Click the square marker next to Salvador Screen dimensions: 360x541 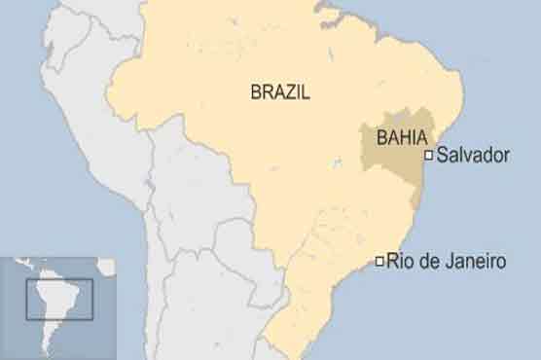(428, 155)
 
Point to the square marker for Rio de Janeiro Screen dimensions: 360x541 (379, 260)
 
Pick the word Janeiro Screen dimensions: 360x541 (474, 261)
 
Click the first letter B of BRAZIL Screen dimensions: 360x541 (257, 93)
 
